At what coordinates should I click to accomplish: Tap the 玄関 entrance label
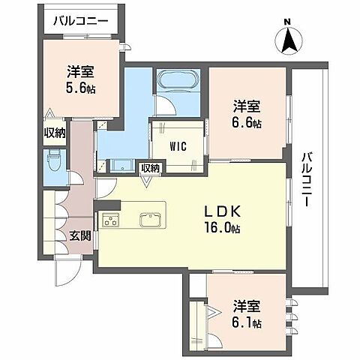(80, 235)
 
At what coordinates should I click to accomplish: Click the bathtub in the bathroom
(177, 79)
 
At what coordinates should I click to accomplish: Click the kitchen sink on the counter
(148, 220)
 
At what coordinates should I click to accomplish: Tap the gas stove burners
(112, 220)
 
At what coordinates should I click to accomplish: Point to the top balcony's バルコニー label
(80, 21)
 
